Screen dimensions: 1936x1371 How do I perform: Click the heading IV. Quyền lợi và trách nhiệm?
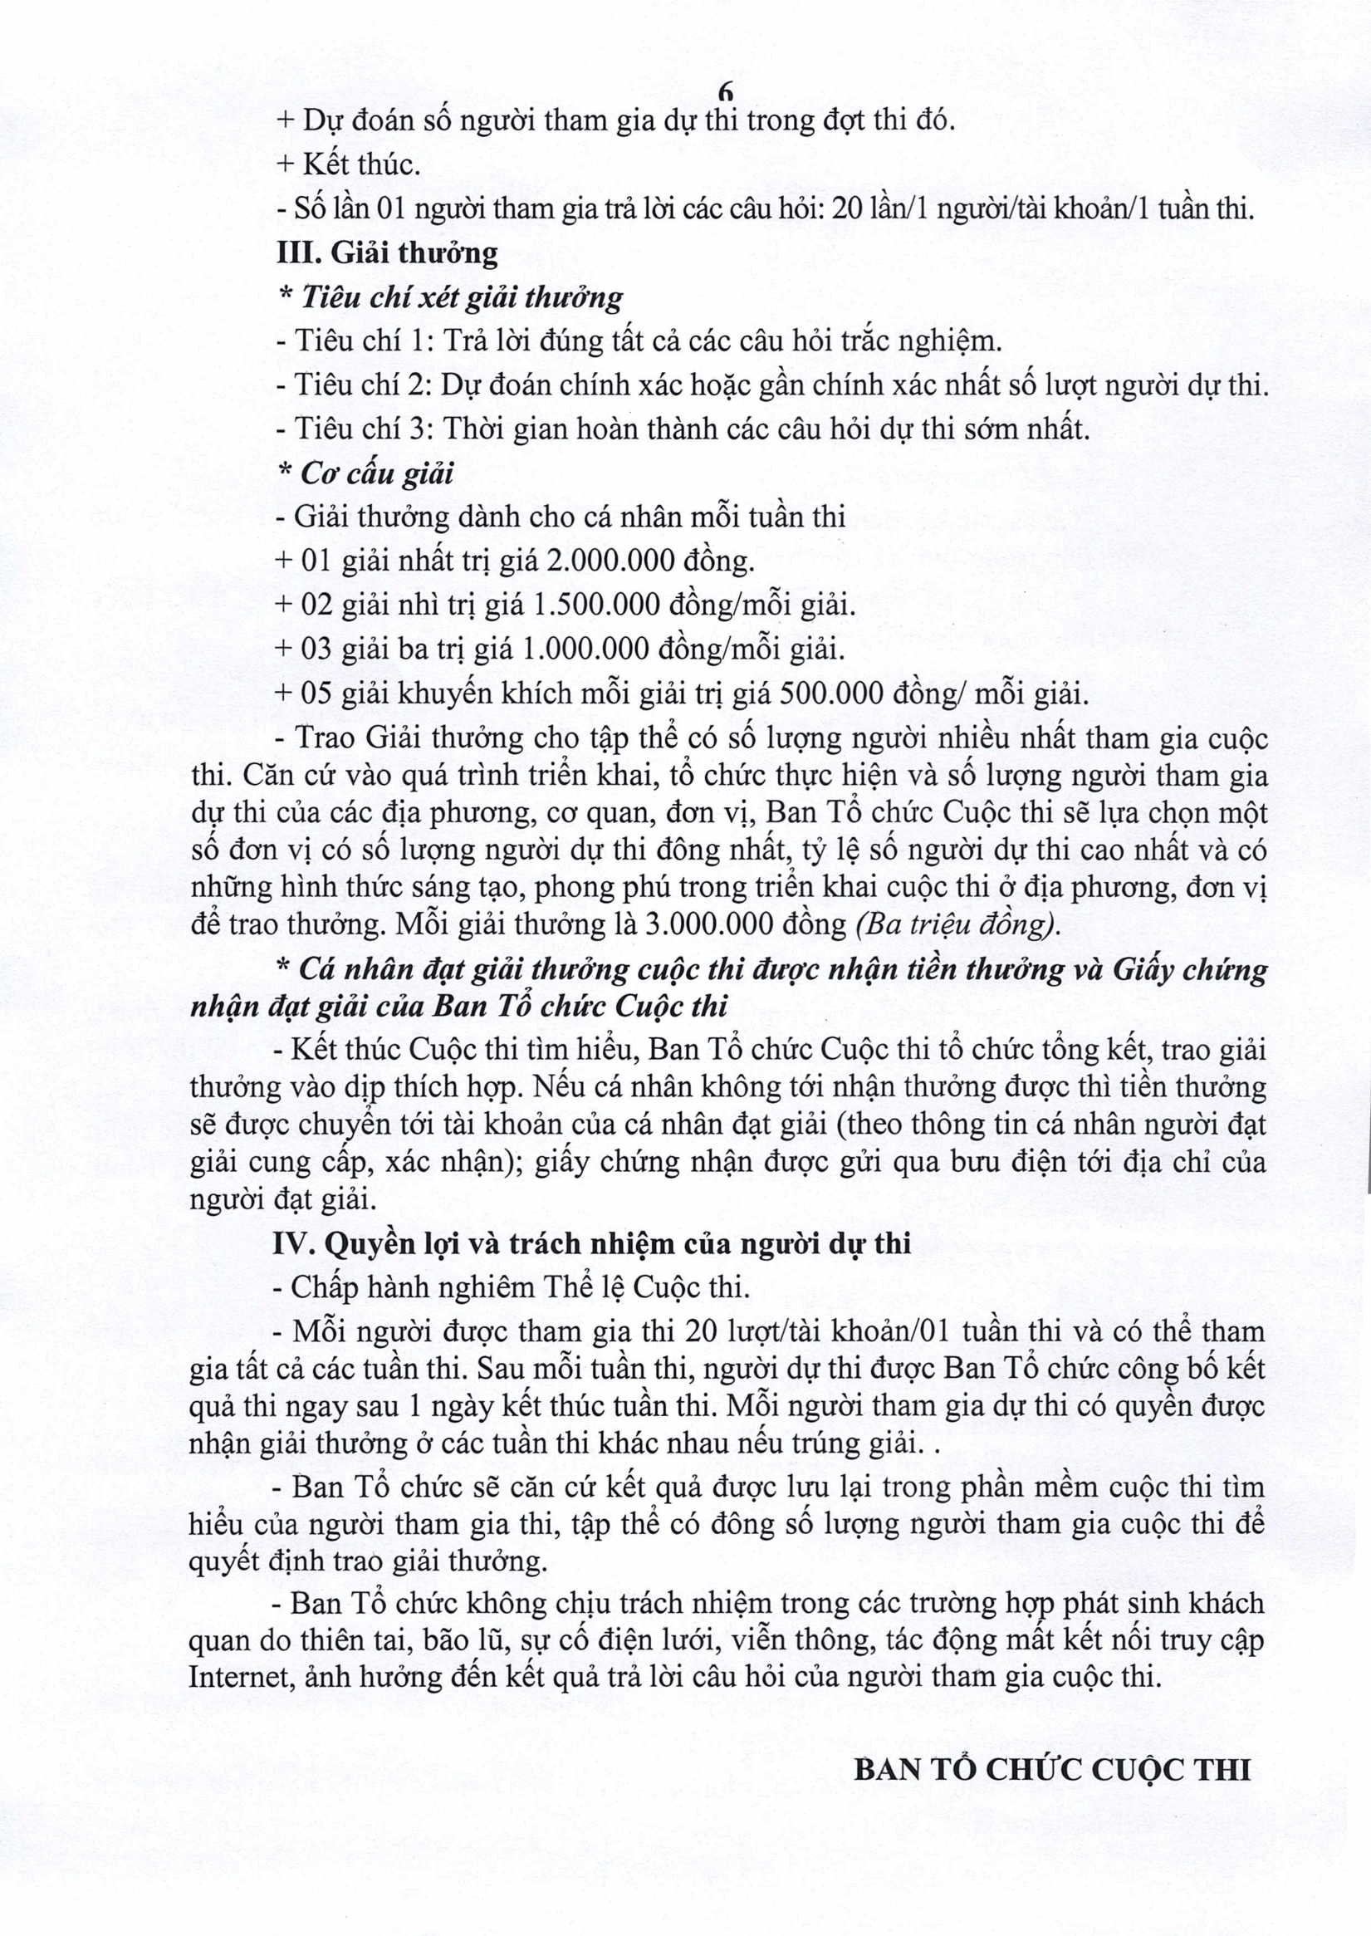pos(592,1243)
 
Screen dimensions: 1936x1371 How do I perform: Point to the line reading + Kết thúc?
pos(349,164)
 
